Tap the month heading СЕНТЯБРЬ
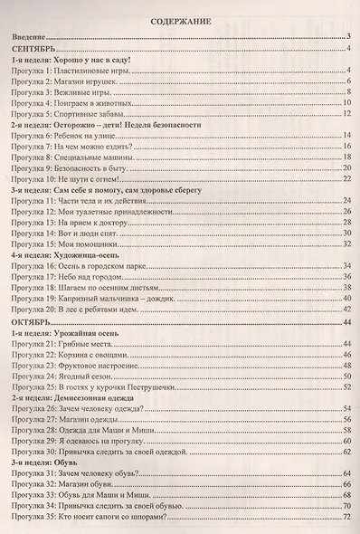click(34, 52)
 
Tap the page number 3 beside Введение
click(348, 38)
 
